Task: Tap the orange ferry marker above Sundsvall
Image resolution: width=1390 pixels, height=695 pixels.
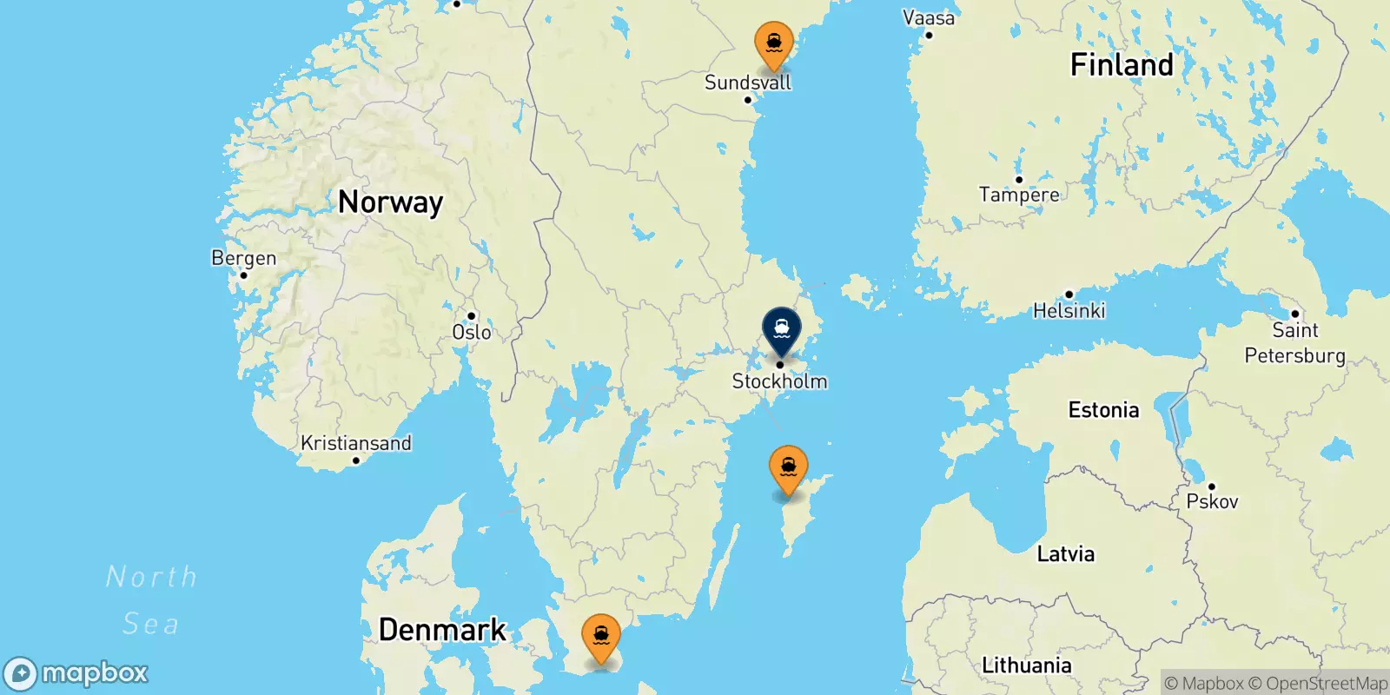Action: coord(773,43)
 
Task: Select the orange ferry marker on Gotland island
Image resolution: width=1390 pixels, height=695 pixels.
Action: coord(788,467)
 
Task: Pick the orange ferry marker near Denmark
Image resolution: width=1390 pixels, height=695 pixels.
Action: coord(600,636)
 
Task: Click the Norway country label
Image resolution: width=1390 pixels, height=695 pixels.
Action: coord(390,202)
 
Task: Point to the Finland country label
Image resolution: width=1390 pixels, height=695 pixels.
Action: coord(1121,65)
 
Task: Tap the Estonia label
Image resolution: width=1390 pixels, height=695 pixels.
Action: coord(1103,410)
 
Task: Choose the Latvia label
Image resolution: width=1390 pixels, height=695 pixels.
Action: coord(1065,554)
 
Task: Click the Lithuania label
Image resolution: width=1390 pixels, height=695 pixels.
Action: coord(1026,665)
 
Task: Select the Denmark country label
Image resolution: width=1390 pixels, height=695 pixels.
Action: coord(442,630)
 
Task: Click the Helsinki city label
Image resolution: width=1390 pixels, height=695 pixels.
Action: coord(1069,310)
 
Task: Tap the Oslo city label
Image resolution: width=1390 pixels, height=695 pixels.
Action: coord(472,332)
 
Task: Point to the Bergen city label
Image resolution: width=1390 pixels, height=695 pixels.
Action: coord(244,258)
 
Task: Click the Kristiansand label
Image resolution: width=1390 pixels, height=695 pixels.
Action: coord(355,443)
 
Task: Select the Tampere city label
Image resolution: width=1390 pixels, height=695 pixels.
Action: coord(1019,195)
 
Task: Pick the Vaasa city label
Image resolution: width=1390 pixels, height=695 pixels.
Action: coord(928,18)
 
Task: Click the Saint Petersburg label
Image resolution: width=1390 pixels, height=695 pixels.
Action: coord(1294,342)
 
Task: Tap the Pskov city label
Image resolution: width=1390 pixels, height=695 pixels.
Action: coord(1212,501)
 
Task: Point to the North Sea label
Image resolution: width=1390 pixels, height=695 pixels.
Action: coord(151,599)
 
